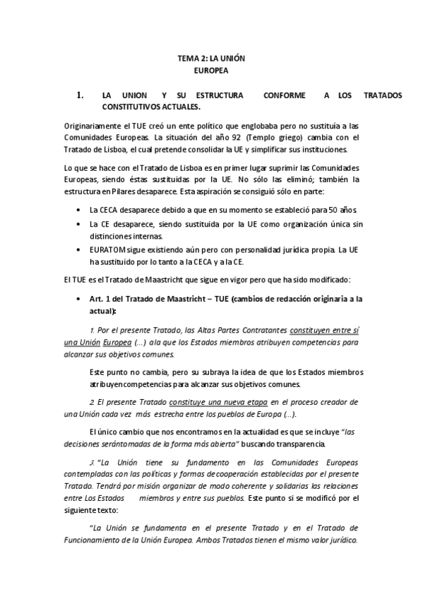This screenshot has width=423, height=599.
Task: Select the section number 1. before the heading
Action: click(80, 95)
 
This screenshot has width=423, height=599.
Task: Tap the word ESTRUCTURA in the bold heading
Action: click(215, 95)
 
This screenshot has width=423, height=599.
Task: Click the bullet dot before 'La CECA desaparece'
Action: click(77, 210)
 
